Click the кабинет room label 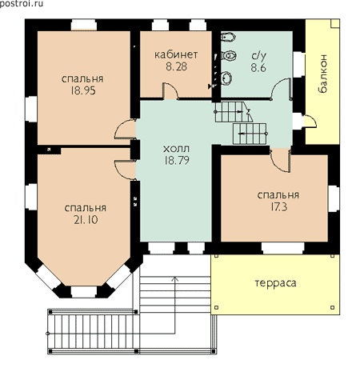(176, 54)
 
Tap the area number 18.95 (83, 90)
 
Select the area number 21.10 (86, 220)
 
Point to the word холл (176, 149)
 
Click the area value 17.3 (279, 207)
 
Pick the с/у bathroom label (258, 55)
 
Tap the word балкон (322, 74)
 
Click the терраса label (275, 283)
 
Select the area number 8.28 (176, 66)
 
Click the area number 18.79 (177, 160)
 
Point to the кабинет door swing (170, 90)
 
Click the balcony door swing (310, 121)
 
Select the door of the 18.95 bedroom (125, 130)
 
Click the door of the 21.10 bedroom (125, 170)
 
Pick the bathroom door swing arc (280, 89)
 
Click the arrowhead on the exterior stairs (175, 279)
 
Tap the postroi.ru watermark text (22, 4)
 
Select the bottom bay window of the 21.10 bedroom (84, 292)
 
